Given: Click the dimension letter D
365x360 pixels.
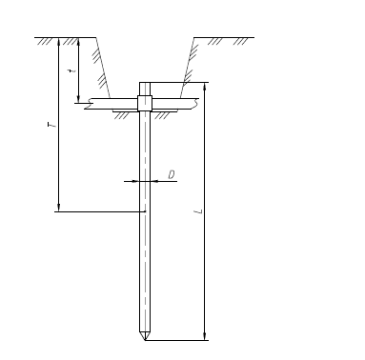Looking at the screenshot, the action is pyautogui.click(x=172, y=175).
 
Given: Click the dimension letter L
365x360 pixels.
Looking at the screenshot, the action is pyautogui.click(x=199, y=211).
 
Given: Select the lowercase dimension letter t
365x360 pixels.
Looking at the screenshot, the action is pyautogui.click(x=72, y=70).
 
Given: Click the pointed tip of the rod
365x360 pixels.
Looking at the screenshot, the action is pyautogui.click(x=145, y=340).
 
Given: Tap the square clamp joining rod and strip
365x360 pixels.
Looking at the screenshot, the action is pyautogui.click(x=145, y=103).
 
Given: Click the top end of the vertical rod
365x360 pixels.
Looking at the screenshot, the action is pyautogui.click(x=145, y=83).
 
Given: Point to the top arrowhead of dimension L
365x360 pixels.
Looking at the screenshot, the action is pyautogui.click(x=205, y=87).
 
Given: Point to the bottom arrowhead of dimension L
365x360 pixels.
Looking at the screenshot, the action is pyautogui.click(x=205, y=336).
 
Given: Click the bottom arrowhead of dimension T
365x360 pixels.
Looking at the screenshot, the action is pyautogui.click(x=58, y=207).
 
